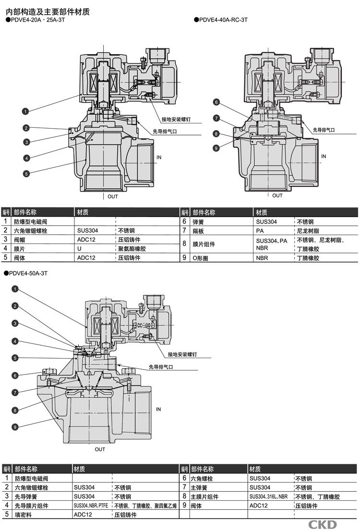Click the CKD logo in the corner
coord(322,524)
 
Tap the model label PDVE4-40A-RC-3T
coord(223,20)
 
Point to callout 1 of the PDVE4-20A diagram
coord(25,111)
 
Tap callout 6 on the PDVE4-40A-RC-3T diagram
coord(216,102)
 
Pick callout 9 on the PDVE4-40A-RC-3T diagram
coord(216,148)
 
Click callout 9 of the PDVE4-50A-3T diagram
coord(15,426)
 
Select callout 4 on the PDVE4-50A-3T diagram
coord(15,341)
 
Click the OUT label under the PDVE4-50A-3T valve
coord(99,449)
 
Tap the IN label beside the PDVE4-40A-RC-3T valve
coord(323,157)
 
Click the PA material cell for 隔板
coord(260,230)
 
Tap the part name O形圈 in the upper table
coord(202,258)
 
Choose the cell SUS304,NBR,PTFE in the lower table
coord(91,506)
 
